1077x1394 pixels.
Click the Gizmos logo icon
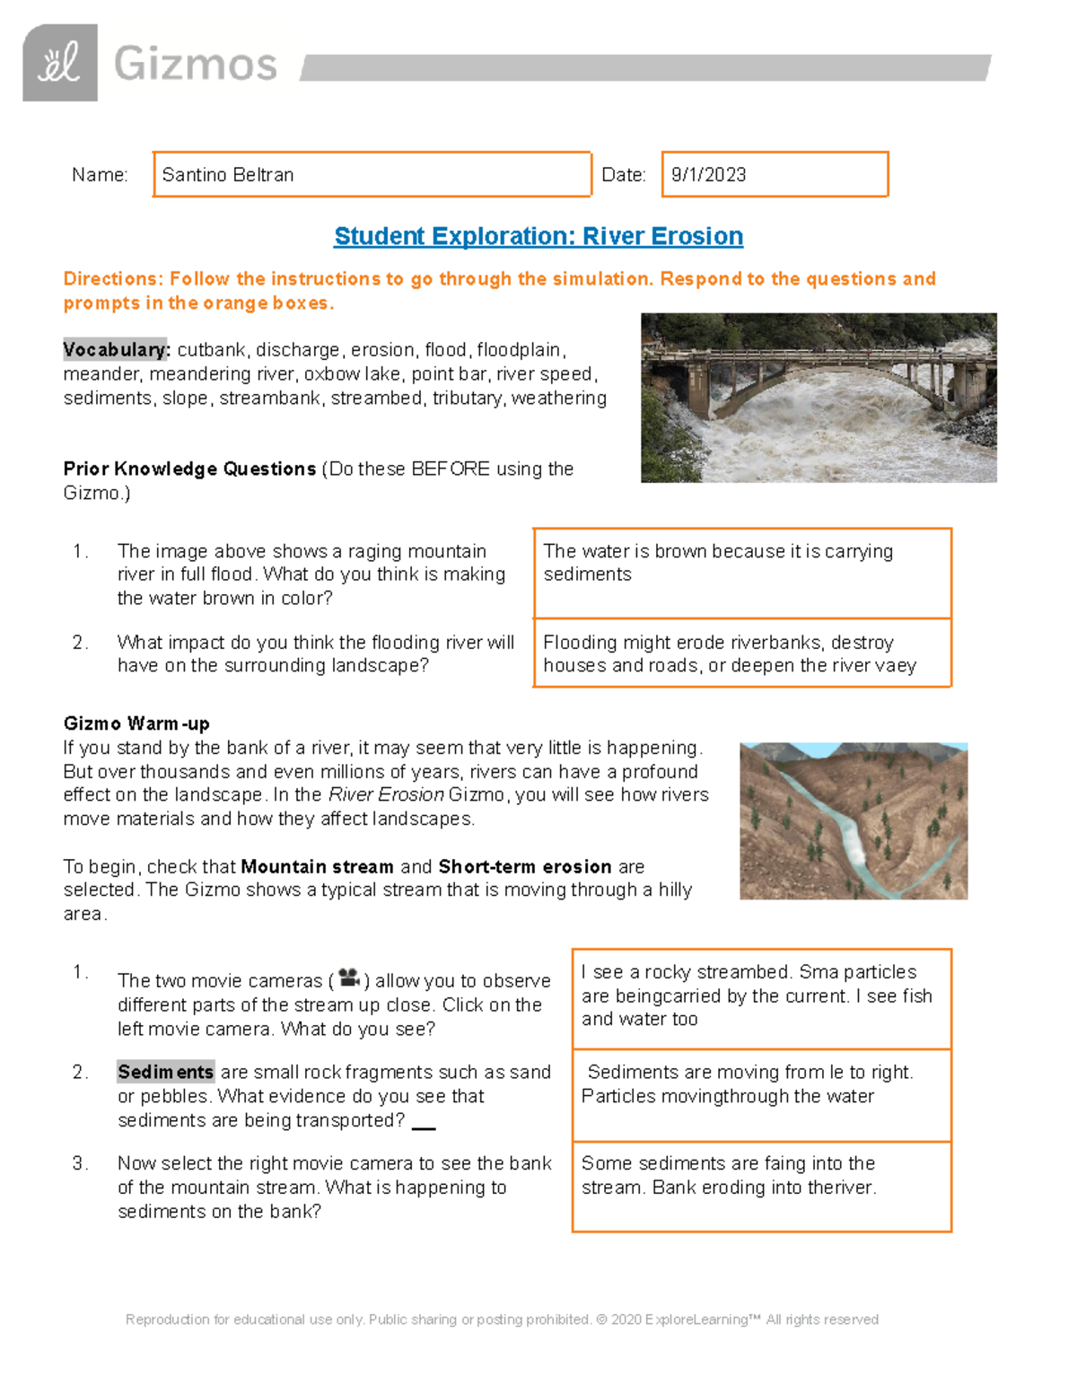click(x=59, y=63)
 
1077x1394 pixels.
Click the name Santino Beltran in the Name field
click(x=228, y=175)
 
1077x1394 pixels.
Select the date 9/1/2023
click(x=708, y=175)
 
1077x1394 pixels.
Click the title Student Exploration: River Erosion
click(x=538, y=236)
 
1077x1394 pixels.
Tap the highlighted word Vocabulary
click(x=116, y=350)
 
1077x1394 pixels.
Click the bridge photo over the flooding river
click(x=819, y=398)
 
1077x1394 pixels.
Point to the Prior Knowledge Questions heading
click(x=189, y=469)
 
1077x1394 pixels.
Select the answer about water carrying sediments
click(x=718, y=563)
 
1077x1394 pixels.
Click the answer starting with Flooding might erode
click(x=729, y=653)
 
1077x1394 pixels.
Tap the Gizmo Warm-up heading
click(x=136, y=723)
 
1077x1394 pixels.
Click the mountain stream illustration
click(x=853, y=820)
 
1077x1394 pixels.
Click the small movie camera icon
click(x=349, y=978)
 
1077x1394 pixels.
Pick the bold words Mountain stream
click(x=317, y=867)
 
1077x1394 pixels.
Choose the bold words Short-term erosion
click(x=525, y=867)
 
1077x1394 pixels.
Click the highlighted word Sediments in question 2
click(x=166, y=1073)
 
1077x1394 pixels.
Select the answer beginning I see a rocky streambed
click(x=756, y=995)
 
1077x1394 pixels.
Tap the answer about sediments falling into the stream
click(x=728, y=1175)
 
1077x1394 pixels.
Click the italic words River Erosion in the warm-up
click(x=386, y=795)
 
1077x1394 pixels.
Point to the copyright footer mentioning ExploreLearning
click(x=502, y=1319)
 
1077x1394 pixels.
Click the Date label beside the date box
click(x=623, y=175)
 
